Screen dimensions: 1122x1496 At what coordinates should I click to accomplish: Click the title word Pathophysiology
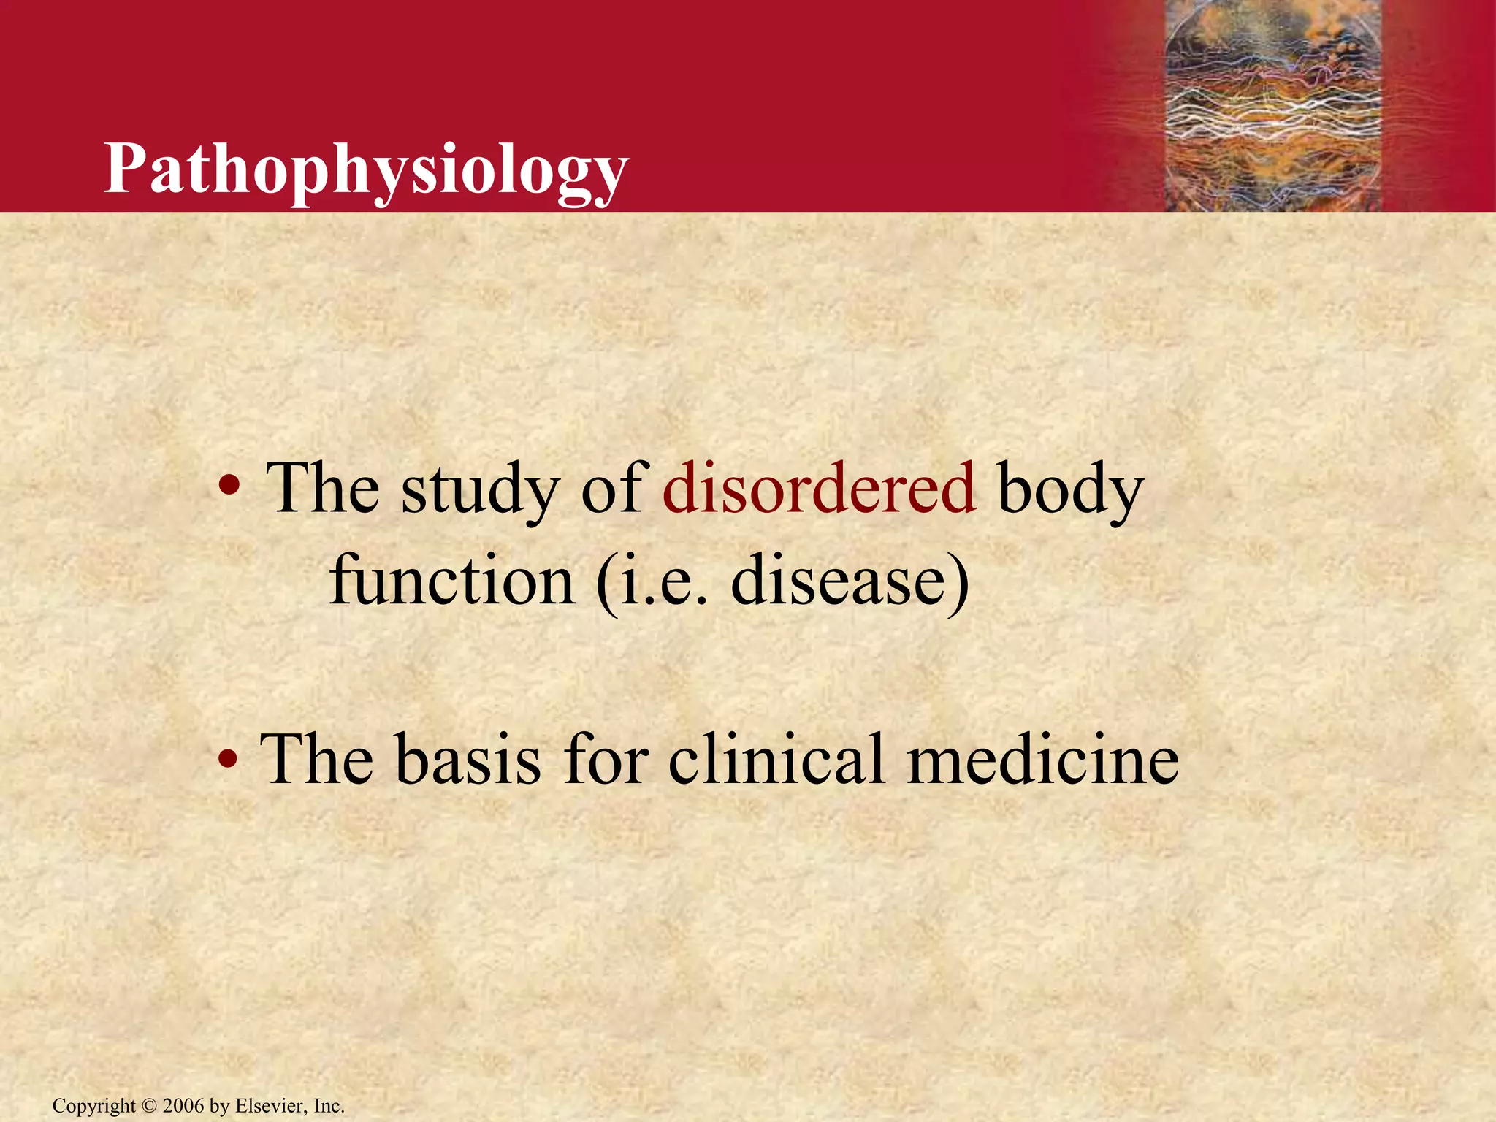coord(365,169)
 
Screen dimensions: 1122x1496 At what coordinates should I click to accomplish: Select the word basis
coord(468,759)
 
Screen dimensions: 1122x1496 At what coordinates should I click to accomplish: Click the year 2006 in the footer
coord(183,1106)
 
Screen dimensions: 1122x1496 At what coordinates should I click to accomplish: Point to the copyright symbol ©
coord(149,1106)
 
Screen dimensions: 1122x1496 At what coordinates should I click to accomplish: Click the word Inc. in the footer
coord(329,1106)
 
